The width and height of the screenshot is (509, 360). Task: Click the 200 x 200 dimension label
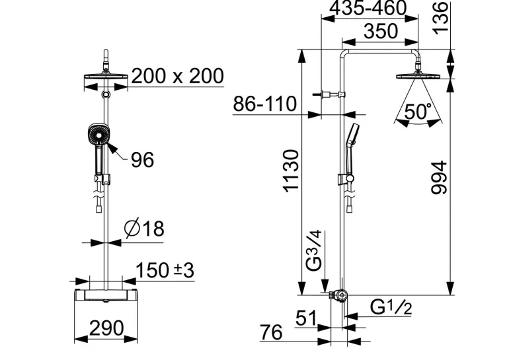tap(178, 76)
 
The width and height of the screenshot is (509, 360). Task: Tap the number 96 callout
tap(142, 160)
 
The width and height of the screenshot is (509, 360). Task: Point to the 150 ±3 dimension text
tap(165, 270)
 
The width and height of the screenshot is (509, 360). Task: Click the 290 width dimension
tap(106, 328)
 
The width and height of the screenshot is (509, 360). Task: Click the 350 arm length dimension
tap(381, 31)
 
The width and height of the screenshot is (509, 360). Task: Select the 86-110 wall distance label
tap(265, 104)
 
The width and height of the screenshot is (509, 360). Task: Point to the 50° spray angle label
tap(418, 111)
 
